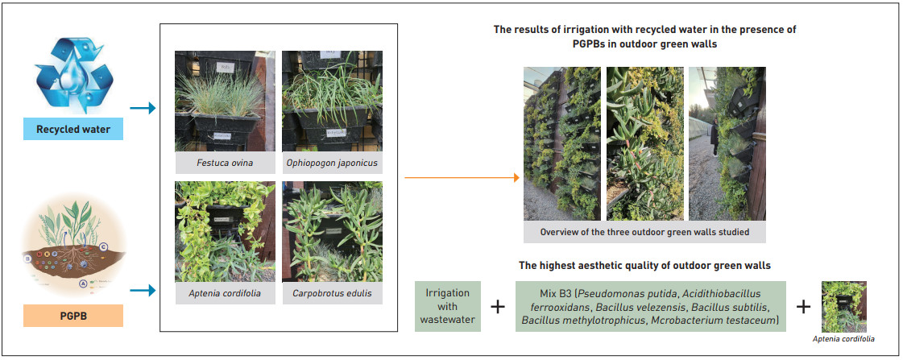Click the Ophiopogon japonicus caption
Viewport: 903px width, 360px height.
(x=332, y=163)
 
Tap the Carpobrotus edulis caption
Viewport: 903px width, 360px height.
(x=332, y=293)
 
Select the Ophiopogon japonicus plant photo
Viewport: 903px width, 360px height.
(x=332, y=101)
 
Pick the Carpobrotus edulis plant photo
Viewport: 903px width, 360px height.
(x=332, y=232)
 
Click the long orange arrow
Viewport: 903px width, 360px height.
(x=462, y=178)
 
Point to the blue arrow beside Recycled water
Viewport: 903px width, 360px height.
(x=143, y=108)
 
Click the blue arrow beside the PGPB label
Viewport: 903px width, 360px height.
(x=143, y=291)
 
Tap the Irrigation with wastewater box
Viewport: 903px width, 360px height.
(x=448, y=306)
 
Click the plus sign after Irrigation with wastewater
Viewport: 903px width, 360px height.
(x=498, y=306)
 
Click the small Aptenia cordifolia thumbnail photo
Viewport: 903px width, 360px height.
(x=843, y=306)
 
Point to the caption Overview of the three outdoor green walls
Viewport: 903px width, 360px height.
(x=644, y=233)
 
